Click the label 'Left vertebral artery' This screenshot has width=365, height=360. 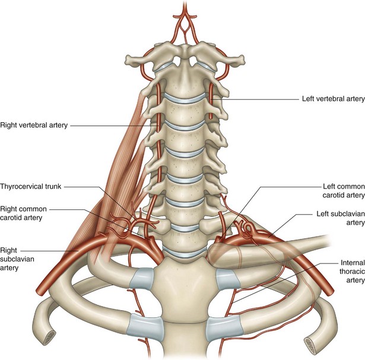tap(329, 99)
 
